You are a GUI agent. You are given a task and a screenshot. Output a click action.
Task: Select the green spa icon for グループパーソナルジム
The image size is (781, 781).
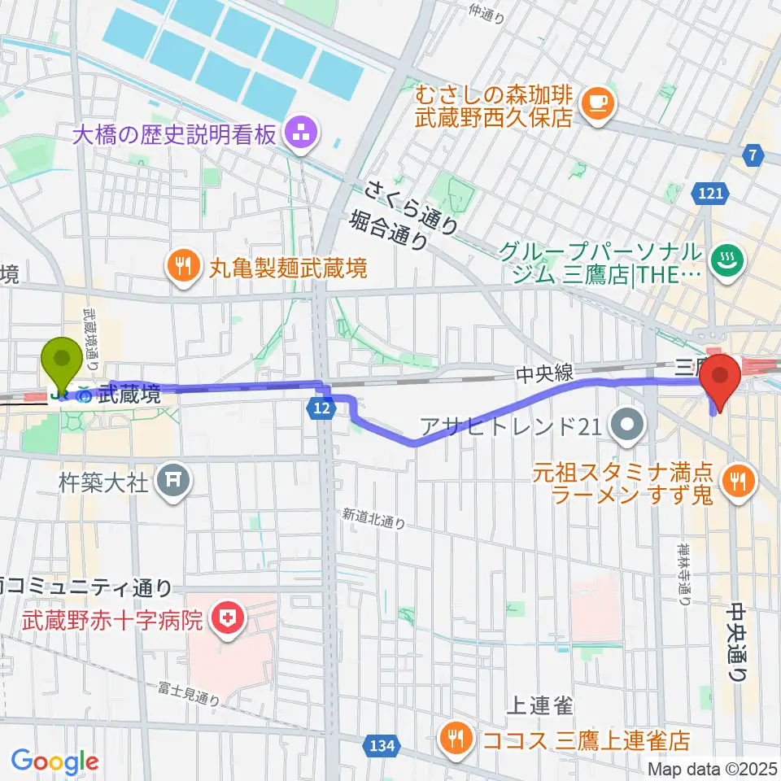pos(723,262)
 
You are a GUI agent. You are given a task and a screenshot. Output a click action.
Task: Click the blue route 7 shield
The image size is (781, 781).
pos(754,155)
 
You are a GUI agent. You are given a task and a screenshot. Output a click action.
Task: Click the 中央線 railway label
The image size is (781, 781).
pos(544,373)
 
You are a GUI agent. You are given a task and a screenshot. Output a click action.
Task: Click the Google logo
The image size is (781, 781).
pos(55,761)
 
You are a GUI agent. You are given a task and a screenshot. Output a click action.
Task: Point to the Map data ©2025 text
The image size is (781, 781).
pos(713,769)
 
